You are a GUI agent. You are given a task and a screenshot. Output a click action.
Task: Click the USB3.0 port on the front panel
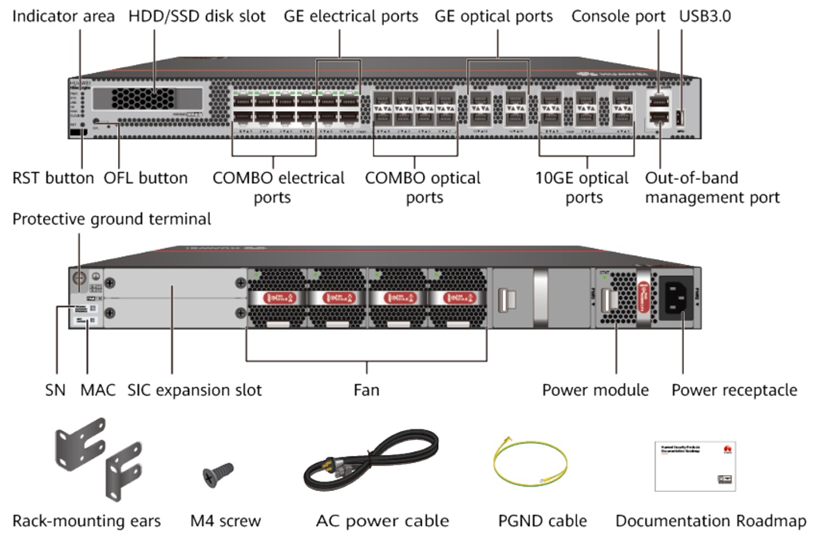point(680,118)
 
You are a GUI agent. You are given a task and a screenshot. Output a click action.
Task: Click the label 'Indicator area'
point(63,17)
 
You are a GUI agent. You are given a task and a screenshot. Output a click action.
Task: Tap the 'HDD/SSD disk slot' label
point(197,17)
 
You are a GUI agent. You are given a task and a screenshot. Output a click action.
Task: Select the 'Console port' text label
point(618,17)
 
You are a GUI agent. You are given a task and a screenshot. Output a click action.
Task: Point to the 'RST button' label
point(53,178)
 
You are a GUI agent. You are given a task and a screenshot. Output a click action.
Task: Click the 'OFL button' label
point(146,178)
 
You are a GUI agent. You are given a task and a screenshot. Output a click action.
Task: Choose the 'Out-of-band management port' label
point(712,188)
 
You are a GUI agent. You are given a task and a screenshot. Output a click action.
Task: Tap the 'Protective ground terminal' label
point(112,219)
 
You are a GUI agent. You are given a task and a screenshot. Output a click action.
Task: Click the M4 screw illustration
point(218,474)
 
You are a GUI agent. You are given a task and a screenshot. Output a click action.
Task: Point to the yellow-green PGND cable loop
point(530,463)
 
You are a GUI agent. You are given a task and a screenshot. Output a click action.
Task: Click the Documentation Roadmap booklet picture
point(695,466)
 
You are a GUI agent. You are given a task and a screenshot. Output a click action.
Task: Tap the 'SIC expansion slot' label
point(194,390)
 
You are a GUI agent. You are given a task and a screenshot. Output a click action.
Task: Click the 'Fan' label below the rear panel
point(366,390)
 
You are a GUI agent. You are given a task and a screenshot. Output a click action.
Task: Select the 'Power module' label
point(595,390)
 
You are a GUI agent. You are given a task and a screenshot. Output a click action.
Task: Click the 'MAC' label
point(98,390)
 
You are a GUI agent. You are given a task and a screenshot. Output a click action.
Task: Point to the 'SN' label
point(55,390)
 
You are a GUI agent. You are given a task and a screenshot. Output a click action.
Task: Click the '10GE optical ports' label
point(582,188)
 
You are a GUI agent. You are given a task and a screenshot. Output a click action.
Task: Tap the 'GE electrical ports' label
point(351,17)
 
